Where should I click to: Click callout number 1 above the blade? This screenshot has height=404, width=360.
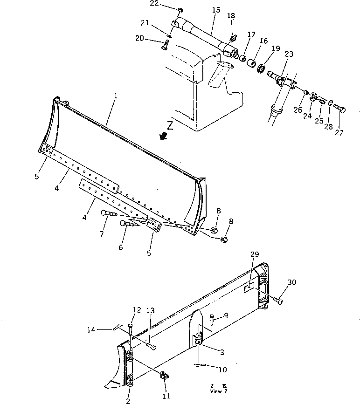(x=116, y=96)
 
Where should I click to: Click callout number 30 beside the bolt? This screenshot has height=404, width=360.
(x=291, y=282)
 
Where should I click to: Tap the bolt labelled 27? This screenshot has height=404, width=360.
(x=340, y=110)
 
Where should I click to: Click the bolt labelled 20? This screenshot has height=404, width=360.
(x=165, y=46)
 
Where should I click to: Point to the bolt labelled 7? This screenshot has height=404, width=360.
(x=108, y=214)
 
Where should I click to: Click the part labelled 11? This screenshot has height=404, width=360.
(x=165, y=375)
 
